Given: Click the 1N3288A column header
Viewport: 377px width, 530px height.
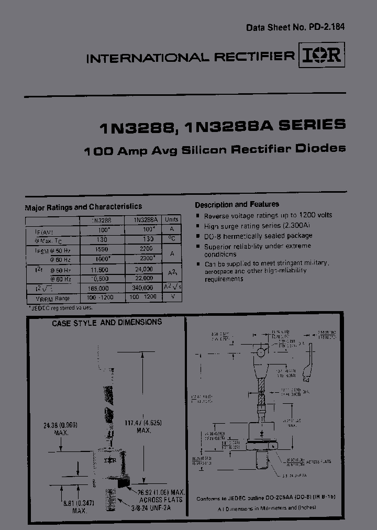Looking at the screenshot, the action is [x=143, y=220].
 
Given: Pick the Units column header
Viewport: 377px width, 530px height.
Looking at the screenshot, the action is [x=171, y=220].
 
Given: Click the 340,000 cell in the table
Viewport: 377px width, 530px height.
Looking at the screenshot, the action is [x=143, y=288].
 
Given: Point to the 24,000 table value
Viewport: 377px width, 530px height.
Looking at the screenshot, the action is [x=143, y=269].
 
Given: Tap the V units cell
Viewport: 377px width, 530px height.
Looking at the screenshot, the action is [x=171, y=297].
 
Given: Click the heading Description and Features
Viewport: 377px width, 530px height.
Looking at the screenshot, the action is [x=237, y=204].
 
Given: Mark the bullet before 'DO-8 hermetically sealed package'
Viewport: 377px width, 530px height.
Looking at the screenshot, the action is [x=197, y=236].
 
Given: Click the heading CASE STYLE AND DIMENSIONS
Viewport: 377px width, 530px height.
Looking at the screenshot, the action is [x=107, y=323].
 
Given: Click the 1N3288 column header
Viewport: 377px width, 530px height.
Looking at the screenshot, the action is [x=102, y=220].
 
